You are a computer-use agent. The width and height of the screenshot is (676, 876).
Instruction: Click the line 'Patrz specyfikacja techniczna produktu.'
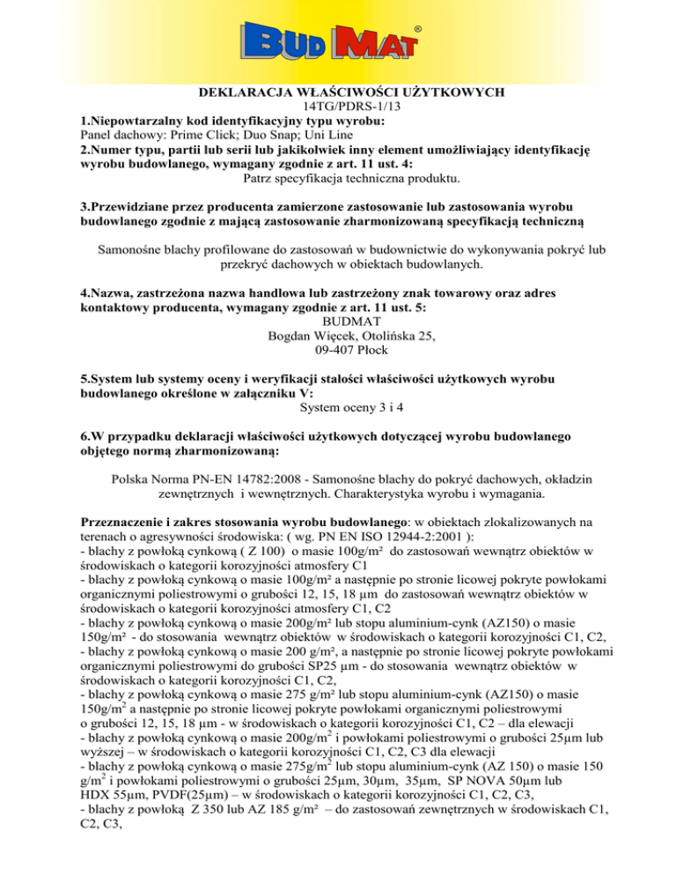coord(338,180)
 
